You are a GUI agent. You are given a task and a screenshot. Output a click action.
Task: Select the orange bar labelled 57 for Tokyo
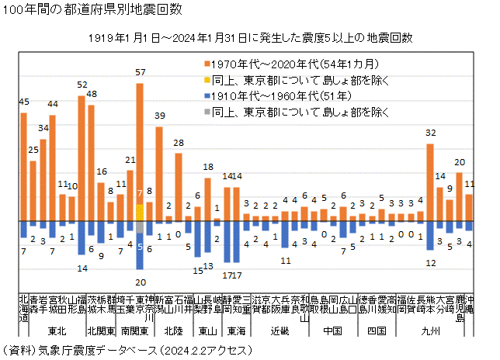[140, 140]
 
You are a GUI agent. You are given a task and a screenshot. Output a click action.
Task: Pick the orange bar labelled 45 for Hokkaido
[23, 167]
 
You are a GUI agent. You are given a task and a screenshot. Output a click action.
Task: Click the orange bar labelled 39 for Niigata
[159, 174]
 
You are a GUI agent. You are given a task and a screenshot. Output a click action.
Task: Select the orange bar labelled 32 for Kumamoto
[430, 182]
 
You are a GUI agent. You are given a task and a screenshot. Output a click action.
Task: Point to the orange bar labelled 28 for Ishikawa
[179, 186]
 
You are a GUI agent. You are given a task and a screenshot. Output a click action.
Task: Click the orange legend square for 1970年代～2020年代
[206, 63]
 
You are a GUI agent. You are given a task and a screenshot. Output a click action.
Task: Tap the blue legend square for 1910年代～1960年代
[206, 96]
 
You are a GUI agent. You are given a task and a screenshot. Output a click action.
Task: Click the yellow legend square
[206, 79]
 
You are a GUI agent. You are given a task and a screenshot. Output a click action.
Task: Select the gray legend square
[206, 112]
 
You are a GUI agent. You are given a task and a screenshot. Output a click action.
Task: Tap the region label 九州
[429, 331]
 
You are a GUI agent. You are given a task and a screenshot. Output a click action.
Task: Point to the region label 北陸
[173, 331]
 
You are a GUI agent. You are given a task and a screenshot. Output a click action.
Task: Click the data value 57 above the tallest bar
[141, 72]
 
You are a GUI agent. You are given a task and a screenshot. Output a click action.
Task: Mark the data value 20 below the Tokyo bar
[140, 282]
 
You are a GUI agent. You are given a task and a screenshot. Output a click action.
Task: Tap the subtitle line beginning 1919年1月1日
[249, 37]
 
